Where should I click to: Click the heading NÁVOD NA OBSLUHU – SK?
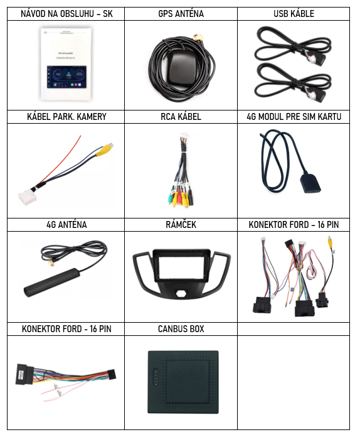66,14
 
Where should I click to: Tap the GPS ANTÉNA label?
181,14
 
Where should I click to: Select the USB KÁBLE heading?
294,14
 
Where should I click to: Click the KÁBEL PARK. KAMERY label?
66,117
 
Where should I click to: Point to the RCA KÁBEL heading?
181,117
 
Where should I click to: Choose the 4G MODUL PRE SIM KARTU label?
294,117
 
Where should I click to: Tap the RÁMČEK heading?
181,224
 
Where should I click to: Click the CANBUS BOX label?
181,329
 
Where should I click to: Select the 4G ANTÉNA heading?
66,225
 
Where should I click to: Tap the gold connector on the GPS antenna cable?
199,37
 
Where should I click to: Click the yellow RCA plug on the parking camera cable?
104,149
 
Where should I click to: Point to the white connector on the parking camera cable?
28,198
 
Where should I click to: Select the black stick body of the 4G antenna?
52,283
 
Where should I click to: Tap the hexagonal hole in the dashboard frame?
181,293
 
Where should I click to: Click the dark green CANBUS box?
183,382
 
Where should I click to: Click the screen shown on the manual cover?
66,77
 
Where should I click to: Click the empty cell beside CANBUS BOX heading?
294,329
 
